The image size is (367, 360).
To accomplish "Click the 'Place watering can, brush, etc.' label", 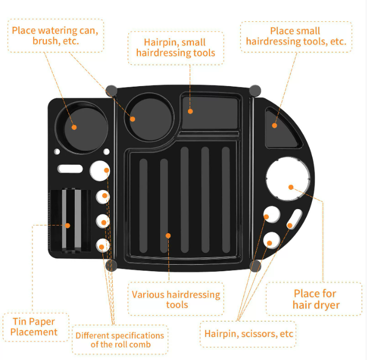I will (55, 35).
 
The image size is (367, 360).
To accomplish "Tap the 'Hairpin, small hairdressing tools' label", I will (176, 47).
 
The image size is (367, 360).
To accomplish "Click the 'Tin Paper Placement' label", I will (34, 327).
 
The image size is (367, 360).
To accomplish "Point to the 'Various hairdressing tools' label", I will (176, 300).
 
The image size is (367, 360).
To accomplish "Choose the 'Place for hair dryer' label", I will (315, 299).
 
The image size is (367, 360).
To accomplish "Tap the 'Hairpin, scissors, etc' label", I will (249, 333).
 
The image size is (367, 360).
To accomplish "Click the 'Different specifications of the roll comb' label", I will (120, 340).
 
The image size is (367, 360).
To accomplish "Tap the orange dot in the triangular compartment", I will (275, 125).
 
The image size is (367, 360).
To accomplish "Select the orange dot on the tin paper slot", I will (68, 225).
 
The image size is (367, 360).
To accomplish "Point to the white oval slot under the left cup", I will (70, 169).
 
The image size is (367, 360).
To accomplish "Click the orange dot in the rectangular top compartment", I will (190, 111).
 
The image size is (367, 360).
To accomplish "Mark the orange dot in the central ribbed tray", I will (168, 235).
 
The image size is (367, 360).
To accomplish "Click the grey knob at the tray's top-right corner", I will (255, 90).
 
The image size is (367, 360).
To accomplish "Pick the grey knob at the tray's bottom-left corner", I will (111, 265).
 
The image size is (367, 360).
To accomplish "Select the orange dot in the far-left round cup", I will (74, 127).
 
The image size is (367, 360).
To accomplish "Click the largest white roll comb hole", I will (100, 170).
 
